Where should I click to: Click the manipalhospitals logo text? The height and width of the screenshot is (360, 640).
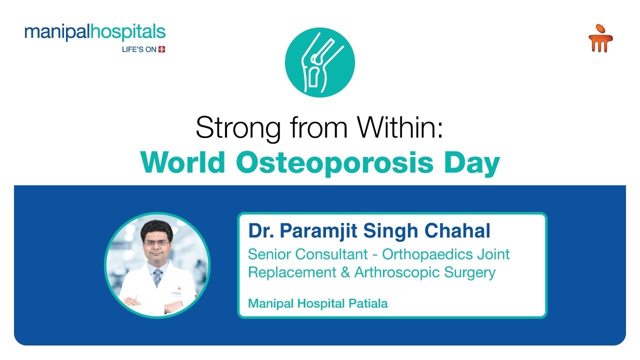[x=94, y=32]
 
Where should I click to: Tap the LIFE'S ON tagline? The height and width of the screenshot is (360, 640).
[x=139, y=49]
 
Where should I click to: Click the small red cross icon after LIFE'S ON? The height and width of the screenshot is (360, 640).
[x=161, y=49]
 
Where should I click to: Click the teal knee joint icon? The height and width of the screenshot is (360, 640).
[x=320, y=62]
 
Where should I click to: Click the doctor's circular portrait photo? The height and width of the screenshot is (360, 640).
[x=157, y=265]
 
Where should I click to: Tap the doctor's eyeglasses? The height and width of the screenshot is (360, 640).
[x=156, y=242]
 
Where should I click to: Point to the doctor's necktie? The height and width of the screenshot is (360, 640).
[x=157, y=277]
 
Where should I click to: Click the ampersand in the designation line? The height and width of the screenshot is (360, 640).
[x=345, y=272]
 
